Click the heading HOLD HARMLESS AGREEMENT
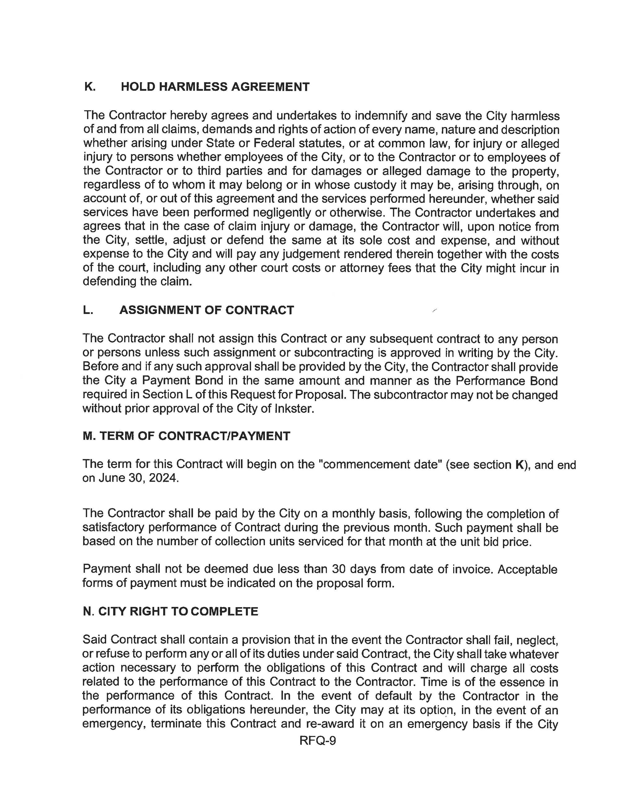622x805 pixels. (215, 87)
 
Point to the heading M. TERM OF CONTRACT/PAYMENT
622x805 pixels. (186, 436)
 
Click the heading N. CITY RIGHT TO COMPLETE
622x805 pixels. (170, 611)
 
